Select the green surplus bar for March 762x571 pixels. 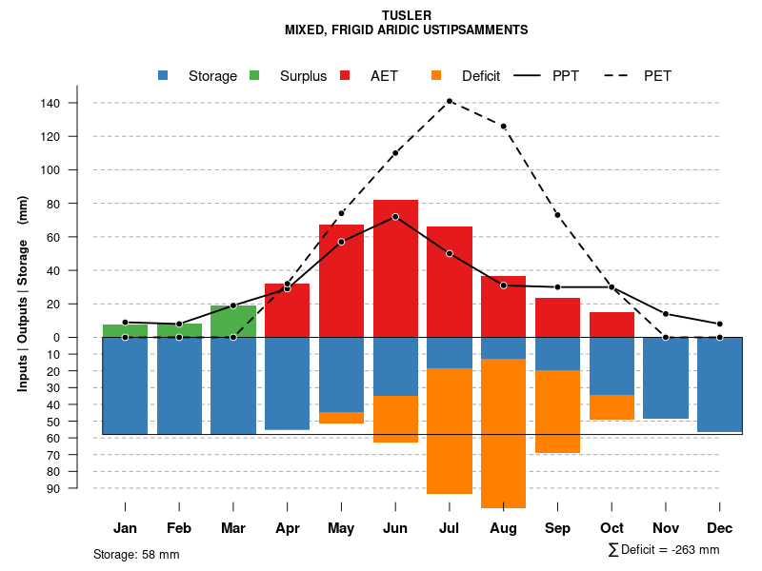click(233, 321)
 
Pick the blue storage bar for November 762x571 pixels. click(666, 378)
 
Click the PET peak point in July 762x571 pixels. click(450, 101)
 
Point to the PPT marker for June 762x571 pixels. click(395, 217)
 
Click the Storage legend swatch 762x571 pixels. click(164, 76)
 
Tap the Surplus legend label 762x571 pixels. click(303, 76)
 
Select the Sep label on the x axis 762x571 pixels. click(558, 528)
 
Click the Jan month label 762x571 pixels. click(125, 528)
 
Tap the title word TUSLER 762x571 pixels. click(407, 15)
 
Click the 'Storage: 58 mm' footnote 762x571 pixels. click(136, 554)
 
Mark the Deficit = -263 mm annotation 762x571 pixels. click(664, 549)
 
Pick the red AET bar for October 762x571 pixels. click(612, 325)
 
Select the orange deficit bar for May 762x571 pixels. click(341, 418)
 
